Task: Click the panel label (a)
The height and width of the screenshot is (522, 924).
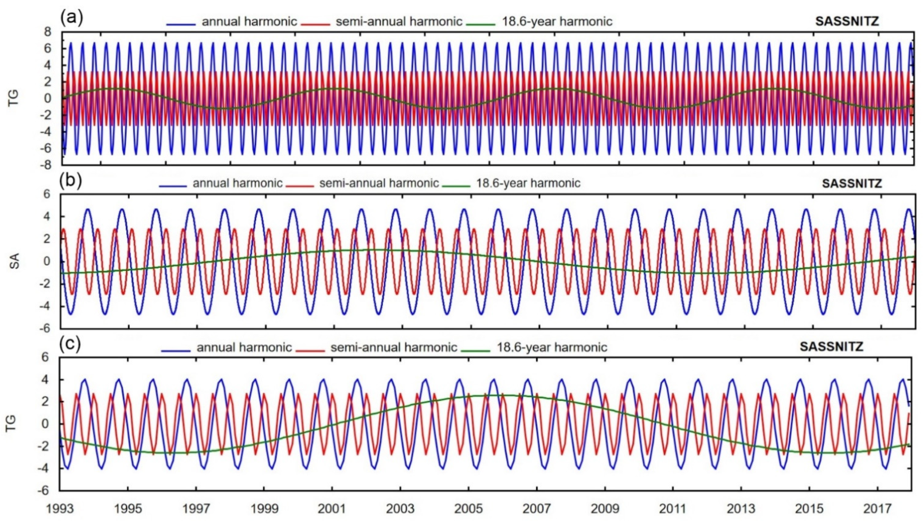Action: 72,18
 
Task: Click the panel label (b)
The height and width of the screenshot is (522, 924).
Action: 71,181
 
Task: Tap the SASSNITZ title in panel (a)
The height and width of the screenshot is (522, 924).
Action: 847,22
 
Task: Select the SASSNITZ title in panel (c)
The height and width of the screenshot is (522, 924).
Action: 831,347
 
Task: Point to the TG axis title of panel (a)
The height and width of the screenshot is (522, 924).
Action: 14,98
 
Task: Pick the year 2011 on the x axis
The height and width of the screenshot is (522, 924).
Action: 673,509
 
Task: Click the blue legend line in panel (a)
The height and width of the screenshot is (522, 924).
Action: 181,24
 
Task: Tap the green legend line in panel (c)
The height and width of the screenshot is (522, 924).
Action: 476,350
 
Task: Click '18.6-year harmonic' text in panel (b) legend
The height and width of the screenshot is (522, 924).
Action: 528,183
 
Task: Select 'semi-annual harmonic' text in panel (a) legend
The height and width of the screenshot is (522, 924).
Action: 399,22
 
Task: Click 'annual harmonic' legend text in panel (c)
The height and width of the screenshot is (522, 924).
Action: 244,347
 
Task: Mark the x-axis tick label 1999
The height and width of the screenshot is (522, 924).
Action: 264,509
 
